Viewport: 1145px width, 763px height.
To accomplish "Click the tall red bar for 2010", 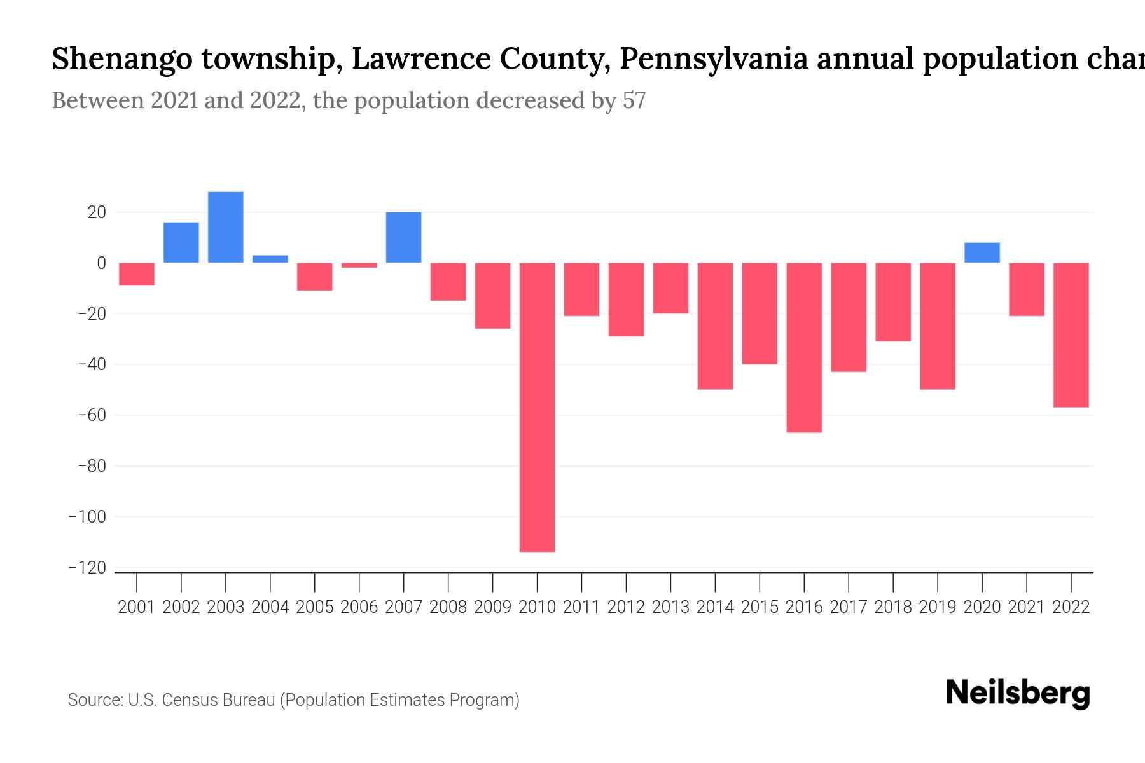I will pyautogui.click(x=537, y=407).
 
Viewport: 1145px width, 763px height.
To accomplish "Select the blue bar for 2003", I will pyautogui.click(x=226, y=227).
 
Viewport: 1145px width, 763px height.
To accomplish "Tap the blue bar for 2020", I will pyautogui.click(x=982, y=252).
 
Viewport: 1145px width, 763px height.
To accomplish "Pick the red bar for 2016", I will pyautogui.click(x=804, y=347).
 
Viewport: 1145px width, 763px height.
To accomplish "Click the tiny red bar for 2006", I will pyautogui.click(x=359, y=265).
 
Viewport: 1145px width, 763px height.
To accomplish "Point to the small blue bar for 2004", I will pyautogui.click(x=270, y=259).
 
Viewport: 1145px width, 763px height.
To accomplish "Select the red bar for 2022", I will pyautogui.click(x=1071, y=334).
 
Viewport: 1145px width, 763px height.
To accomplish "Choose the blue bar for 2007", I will pyautogui.click(x=403, y=237).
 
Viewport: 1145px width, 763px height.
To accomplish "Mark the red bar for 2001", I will pyautogui.click(x=137, y=274).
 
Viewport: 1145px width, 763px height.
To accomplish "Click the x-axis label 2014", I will pyautogui.click(x=715, y=607).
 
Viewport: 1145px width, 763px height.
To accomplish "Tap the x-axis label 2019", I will pyautogui.click(x=937, y=607).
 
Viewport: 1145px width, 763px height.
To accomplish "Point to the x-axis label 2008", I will pyautogui.click(x=448, y=607).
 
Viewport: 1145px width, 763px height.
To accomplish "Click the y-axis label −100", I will pyautogui.click(x=87, y=517).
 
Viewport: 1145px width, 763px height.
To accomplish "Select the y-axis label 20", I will pyautogui.click(x=97, y=212).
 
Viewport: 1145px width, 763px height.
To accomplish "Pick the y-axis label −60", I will pyautogui.click(x=92, y=415).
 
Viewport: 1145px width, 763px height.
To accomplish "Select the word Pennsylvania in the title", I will pyautogui.click(x=714, y=59).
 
